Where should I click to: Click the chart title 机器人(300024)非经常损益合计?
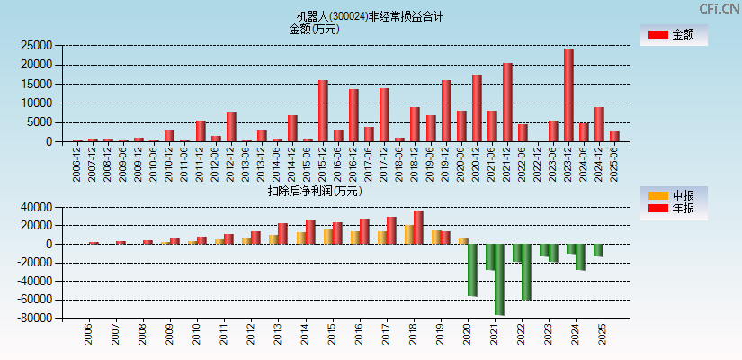tap(371, 16)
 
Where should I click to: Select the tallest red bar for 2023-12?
tap(568, 95)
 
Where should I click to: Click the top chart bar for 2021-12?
tap(507, 103)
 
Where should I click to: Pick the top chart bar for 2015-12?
tap(323, 111)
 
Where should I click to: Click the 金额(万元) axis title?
tap(314, 29)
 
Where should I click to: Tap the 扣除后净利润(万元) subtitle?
tap(315, 191)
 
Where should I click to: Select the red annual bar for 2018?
tap(418, 227)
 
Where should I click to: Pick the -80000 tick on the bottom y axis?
tap(33, 319)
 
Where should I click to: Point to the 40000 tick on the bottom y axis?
tap(36, 207)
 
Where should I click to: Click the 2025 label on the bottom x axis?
tap(603, 335)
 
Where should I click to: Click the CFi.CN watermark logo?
tap(719, 8)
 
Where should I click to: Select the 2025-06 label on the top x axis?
tap(614, 165)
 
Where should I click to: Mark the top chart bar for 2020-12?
tap(477, 108)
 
